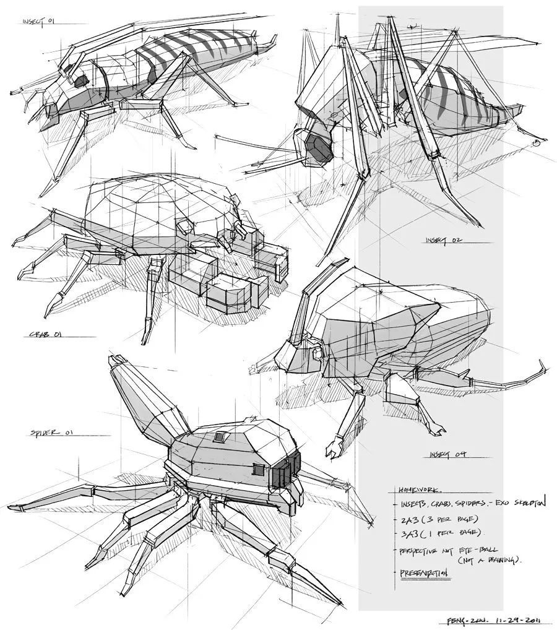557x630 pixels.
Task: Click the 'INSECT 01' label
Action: [x=39, y=22]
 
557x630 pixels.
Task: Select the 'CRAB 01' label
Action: [x=46, y=335]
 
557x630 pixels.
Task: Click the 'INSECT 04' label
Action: [x=447, y=455]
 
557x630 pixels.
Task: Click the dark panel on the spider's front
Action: [x=285, y=468]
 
